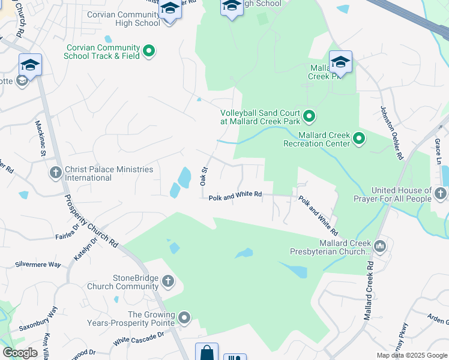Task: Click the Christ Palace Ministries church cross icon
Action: (55, 173)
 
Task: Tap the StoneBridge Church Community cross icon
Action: (167, 281)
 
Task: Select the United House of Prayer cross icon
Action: (441, 194)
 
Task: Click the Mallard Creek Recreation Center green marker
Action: (359, 139)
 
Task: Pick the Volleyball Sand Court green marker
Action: (309, 116)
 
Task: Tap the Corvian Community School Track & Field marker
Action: (149, 52)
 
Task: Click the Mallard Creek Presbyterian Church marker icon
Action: (379, 246)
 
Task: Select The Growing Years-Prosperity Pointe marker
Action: (184, 318)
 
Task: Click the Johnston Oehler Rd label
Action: (390, 133)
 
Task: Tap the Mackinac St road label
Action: (40, 139)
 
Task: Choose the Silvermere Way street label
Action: (38, 264)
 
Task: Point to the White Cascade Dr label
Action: (139, 339)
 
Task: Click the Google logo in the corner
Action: (20, 353)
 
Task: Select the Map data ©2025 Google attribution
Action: (412, 355)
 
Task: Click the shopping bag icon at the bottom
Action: (206, 352)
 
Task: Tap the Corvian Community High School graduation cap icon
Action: (170, 10)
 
